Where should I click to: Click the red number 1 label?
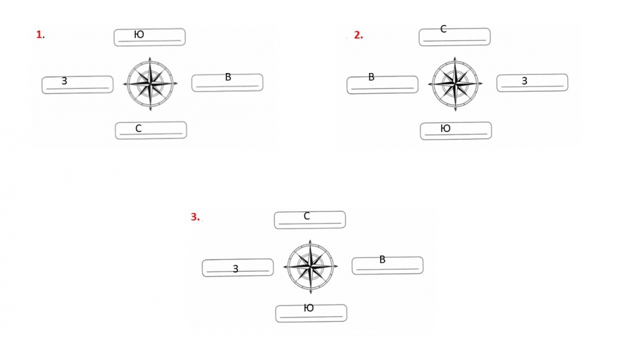point(39,35)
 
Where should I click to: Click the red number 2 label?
point(358,35)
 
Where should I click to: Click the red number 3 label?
point(195,217)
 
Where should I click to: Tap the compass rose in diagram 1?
point(151,84)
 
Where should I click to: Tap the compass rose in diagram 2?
point(455,84)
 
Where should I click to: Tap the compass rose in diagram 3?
point(311,266)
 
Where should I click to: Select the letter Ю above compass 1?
point(139,35)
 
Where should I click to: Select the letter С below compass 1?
point(138,128)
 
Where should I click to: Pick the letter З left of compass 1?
point(64,81)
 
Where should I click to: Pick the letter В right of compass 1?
point(228,77)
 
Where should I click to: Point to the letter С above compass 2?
point(443,29)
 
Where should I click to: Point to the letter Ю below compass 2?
point(445,128)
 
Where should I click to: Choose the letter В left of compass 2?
point(371,77)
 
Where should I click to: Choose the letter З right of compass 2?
point(524,81)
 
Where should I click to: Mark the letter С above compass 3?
point(306,216)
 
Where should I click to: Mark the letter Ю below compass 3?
point(309,307)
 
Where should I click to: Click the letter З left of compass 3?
point(235,269)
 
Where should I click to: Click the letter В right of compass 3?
point(382,259)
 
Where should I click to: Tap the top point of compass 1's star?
point(150,58)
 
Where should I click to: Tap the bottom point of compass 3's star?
point(311,293)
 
